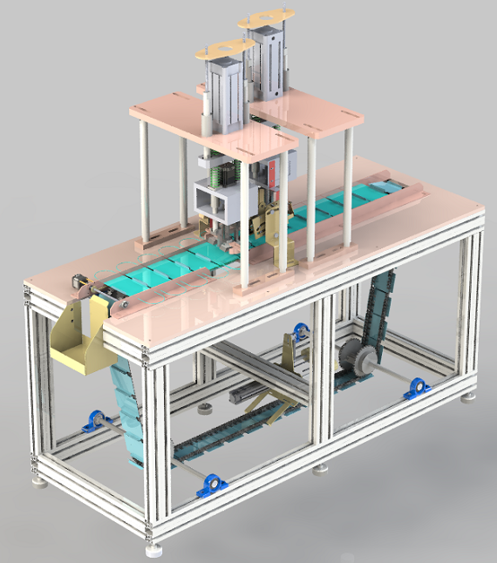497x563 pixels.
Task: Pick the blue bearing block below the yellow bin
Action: coord(91,425)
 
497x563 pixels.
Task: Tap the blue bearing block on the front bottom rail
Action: coord(209,485)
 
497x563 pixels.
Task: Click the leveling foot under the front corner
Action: coord(154,548)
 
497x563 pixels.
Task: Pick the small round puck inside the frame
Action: coord(206,409)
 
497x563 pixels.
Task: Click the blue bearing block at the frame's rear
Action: coord(302,330)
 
